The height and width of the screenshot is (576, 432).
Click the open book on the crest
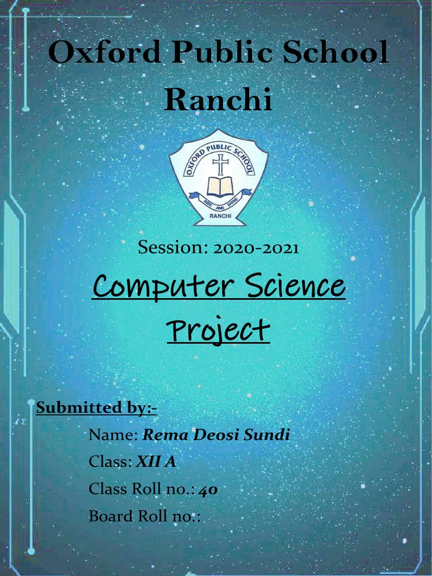click(x=219, y=187)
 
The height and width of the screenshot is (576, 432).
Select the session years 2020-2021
click(x=255, y=248)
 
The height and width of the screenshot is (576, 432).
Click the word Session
click(x=173, y=248)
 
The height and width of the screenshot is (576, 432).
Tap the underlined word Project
click(x=218, y=330)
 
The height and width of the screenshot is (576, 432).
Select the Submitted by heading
click(x=96, y=407)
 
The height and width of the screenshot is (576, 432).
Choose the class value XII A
click(x=156, y=462)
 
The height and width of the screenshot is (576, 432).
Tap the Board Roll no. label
click(x=144, y=516)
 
